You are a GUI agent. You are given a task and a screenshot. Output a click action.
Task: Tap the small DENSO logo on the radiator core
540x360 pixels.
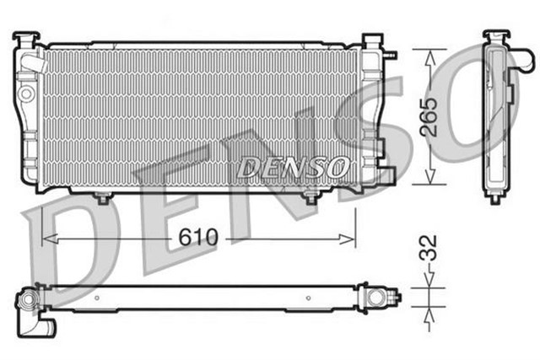290,168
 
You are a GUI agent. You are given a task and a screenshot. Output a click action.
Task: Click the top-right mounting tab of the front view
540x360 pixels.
371,40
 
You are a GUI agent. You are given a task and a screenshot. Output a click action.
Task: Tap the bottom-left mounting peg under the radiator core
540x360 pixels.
102,198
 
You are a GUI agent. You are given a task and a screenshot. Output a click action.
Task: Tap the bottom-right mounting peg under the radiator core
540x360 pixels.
310,198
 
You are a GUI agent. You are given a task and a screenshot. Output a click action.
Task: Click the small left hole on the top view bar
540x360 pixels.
100,297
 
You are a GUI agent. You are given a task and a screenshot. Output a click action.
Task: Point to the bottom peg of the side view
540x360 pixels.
494,198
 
